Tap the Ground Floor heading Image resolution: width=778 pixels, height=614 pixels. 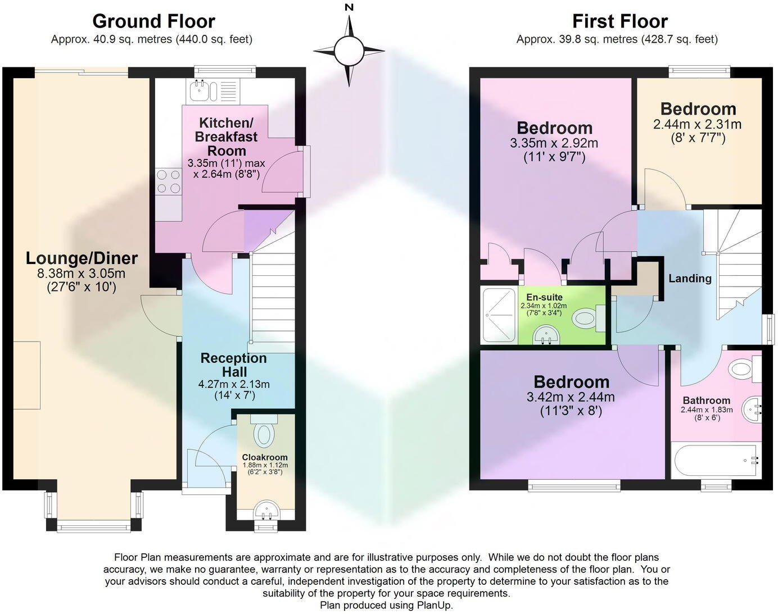click(153, 21)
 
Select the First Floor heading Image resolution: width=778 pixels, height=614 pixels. click(619, 21)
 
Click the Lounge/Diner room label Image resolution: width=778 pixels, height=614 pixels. click(82, 258)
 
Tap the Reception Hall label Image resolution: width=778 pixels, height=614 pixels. click(234, 365)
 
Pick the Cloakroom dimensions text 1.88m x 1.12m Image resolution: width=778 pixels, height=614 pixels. click(265, 465)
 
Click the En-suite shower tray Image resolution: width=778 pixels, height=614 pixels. click(499, 315)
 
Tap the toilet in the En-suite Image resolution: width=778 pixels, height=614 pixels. click(586, 319)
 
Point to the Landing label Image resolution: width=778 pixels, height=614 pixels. click(690, 278)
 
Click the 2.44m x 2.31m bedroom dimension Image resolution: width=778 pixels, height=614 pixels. click(697, 125)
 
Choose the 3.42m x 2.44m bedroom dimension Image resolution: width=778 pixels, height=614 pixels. click(571, 397)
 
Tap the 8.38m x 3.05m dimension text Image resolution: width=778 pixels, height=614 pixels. click(82, 274)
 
